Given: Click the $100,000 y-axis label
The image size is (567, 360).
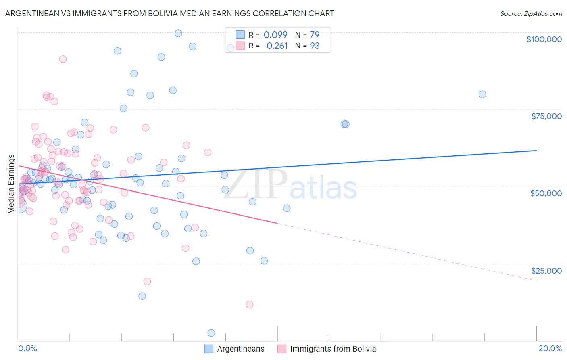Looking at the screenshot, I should (544, 39).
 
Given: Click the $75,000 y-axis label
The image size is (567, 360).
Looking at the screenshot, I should (546, 116).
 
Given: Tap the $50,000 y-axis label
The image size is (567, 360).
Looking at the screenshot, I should (546, 193).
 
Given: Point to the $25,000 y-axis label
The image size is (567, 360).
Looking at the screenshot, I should (546, 271).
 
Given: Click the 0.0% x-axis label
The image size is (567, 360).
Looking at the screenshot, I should (27, 348).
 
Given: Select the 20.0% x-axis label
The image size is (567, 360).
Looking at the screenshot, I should (550, 348).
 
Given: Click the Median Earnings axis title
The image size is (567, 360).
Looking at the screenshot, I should (11, 184).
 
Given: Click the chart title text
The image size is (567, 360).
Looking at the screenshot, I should (169, 13).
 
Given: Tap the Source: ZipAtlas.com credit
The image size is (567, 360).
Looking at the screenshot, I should (531, 14).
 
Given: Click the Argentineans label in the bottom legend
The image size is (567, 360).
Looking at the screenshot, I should (241, 349).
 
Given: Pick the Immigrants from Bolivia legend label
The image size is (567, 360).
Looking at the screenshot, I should (333, 349).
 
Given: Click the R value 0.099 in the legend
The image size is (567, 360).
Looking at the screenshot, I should (275, 35).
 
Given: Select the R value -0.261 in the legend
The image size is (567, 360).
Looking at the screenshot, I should (275, 46).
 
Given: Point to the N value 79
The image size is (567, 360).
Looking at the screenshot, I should (315, 35).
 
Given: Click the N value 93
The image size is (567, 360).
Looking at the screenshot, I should (315, 46).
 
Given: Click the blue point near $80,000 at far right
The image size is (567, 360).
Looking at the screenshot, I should (482, 94).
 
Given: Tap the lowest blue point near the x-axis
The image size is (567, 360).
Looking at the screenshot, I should (211, 333).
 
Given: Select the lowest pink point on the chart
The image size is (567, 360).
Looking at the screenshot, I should (250, 305).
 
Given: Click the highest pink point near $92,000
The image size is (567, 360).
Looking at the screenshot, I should (63, 59).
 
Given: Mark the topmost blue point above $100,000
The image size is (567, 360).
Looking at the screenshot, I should (178, 33).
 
